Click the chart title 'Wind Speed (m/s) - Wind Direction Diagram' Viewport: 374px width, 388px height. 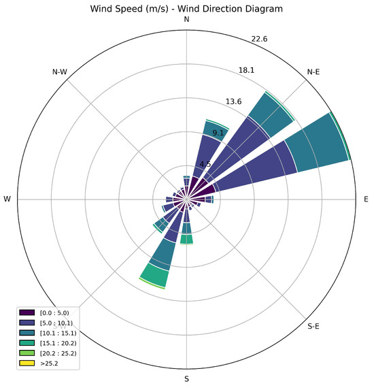click(187, 9)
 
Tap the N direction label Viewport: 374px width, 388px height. click(187, 20)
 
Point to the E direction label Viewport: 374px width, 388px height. click(366, 199)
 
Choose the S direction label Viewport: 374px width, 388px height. click(187, 378)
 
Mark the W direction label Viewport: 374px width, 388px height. click(7, 199)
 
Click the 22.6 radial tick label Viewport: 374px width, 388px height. click(259, 39)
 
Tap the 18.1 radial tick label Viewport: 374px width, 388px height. click(246, 70)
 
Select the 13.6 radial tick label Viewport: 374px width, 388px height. click(234, 101)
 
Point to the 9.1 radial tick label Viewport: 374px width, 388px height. click(218, 133)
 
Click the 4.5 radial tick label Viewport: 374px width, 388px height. click(205, 164)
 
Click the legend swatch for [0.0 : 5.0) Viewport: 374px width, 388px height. click(28, 312)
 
